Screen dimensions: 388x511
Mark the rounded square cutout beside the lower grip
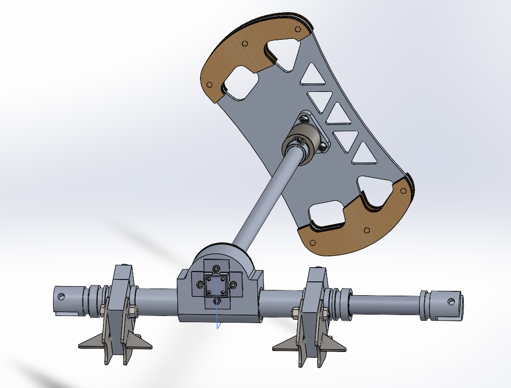(328, 216)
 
